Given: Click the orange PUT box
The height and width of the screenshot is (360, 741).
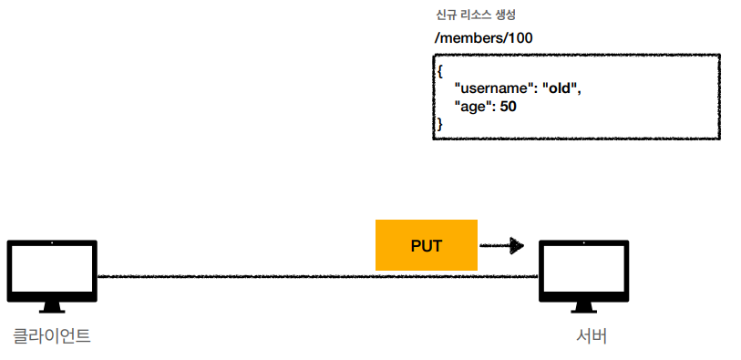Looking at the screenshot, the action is click(427, 245).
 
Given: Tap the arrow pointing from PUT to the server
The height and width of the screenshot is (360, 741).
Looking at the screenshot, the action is click(502, 246).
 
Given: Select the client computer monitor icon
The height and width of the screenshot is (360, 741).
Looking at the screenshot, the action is click(52, 276).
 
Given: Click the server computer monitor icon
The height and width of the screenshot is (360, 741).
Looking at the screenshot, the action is click(584, 276).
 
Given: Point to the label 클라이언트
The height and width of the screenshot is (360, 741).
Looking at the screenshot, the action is click(52, 336).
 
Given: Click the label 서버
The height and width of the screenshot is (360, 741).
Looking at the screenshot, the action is click(592, 336).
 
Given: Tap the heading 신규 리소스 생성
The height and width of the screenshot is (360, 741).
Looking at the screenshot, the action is click(476, 15).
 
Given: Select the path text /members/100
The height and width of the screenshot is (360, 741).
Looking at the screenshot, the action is click(483, 38).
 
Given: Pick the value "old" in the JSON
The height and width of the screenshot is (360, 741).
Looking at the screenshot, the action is click(561, 88).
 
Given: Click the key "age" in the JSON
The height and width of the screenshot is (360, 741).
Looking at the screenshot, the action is click(472, 108).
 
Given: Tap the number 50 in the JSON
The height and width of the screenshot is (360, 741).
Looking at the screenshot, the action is click(508, 107).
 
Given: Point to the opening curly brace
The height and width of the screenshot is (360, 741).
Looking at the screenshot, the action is click(440, 71).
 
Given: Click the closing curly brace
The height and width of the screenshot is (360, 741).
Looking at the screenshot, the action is click(440, 124).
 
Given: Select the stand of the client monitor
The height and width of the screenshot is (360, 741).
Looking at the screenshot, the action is click(52, 307).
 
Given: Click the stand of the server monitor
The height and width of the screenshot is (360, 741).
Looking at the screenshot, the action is click(584, 307).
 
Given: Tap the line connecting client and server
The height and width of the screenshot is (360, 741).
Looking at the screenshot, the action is click(317, 276).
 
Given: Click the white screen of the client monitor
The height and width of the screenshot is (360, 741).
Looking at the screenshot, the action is click(52, 269).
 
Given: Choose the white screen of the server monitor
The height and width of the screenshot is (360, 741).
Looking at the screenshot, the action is click(584, 269).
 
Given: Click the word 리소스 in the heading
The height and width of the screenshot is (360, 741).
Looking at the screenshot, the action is click(476, 15).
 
